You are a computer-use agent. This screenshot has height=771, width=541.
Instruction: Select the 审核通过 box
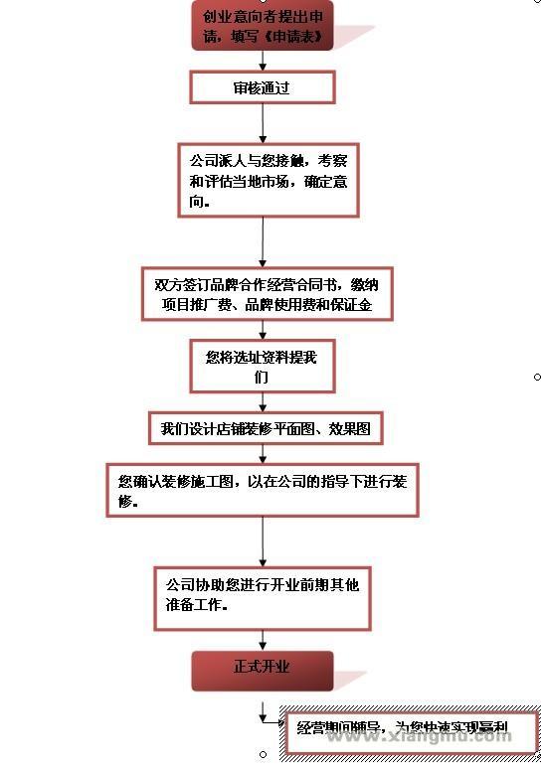click(262, 87)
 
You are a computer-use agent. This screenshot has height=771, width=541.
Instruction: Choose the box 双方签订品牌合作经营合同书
click(267, 295)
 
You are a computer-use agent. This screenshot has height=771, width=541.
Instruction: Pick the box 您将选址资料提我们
click(262, 367)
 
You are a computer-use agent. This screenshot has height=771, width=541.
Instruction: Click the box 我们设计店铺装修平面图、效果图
click(266, 429)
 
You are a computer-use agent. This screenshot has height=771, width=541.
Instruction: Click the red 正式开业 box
click(262, 669)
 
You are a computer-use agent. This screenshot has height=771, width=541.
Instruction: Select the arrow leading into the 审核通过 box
click(263, 61)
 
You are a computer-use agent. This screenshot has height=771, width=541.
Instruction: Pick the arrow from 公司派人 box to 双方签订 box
click(263, 240)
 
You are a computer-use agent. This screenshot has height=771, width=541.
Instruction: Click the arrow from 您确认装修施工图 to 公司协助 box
click(263, 540)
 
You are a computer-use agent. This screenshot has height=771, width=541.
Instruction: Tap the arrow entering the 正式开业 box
click(263, 640)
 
